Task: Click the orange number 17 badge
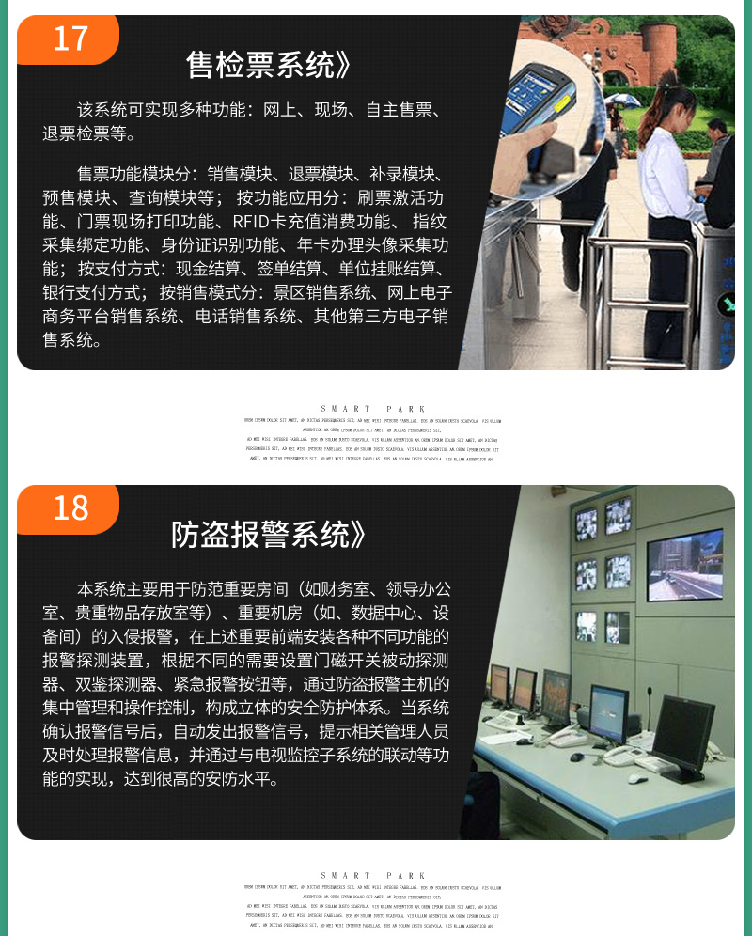[70, 39]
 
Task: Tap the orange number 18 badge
[70, 507]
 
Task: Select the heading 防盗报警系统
[267, 534]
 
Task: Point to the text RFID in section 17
[252, 222]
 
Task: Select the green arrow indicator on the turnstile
[726, 304]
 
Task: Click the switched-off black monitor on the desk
[683, 732]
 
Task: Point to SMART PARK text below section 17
[373, 409]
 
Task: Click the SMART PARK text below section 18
[373, 875]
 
